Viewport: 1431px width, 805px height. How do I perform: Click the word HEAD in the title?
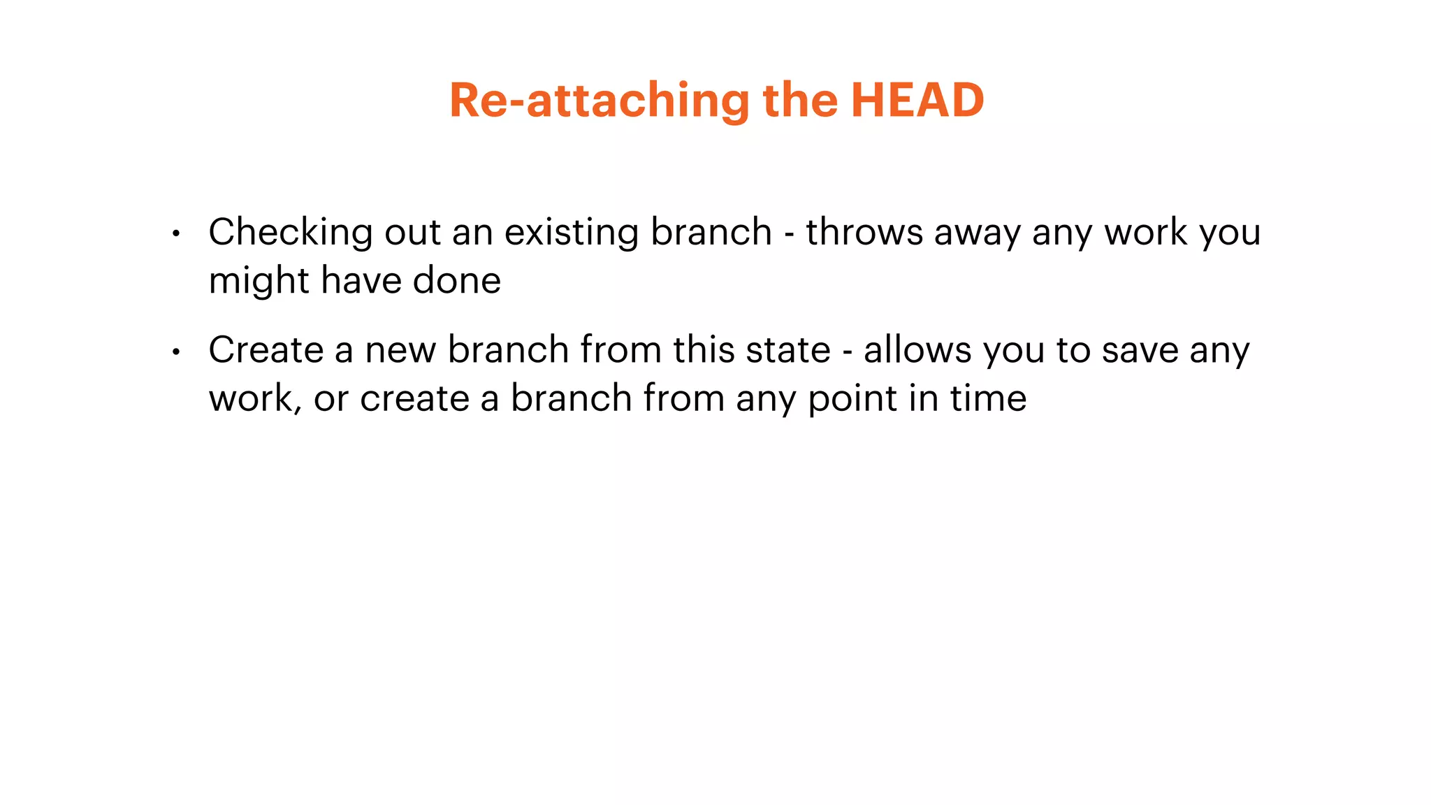pyautogui.click(x=917, y=100)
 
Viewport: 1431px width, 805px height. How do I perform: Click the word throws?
pyautogui.click(x=864, y=232)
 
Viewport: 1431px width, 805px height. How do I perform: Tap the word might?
pyautogui.click(x=259, y=282)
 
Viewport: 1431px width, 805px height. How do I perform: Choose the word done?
pyautogui.click(x=457, y=281)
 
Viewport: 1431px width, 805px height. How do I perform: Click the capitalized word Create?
pyautogui.click(x=266, y=349)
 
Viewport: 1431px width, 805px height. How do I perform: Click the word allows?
pyautogui.click(x=917, y=349)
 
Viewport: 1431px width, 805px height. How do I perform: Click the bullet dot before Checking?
pyautogui.click(x=176, y=234)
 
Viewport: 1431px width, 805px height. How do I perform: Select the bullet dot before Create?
pyautogui.click(x=176, y=352)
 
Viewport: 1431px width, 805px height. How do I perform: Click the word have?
pyautogui.click(x=361, y=281)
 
